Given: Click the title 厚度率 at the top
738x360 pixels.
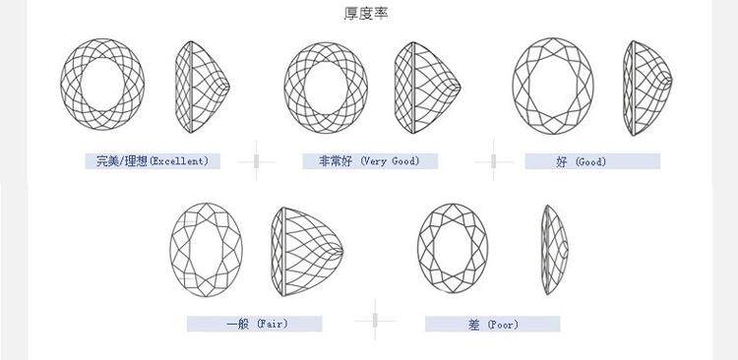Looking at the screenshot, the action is (366, 14).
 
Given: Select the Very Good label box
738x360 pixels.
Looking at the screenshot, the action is (370, 161).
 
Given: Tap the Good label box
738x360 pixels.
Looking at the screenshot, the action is (592, 161).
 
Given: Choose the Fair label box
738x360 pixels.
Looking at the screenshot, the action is (255, 324).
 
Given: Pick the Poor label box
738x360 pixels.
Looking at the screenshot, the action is (493, 324).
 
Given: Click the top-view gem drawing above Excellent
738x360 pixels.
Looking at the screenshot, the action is (102, 85).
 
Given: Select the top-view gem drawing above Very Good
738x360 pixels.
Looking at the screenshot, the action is (326, 88).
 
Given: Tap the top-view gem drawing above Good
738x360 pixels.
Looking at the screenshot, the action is (553, 87).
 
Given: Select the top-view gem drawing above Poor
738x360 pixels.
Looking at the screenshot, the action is (453, 249).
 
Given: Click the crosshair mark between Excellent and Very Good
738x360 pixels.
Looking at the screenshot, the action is (256, 161).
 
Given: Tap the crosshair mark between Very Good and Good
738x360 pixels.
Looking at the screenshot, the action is (493, 161).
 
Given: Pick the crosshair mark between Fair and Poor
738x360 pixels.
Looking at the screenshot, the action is (375, 321).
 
